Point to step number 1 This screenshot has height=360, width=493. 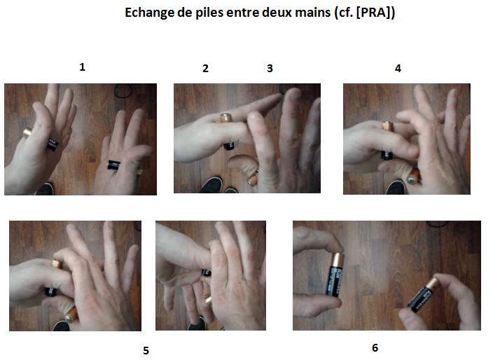(x=83, y=67)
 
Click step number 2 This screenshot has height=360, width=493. (x=205, y=69)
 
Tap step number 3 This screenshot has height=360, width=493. (x=270, y=69)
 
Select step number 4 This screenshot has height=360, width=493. (x=398, y=69)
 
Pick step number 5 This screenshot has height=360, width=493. (x=146, y=350)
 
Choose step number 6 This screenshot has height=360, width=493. (x=375, y=347)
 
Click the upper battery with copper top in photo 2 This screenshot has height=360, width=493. (x=228, y=130)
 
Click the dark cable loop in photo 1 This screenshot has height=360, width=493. (x=125, y=90)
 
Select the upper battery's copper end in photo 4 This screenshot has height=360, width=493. (x=386, y=126)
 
